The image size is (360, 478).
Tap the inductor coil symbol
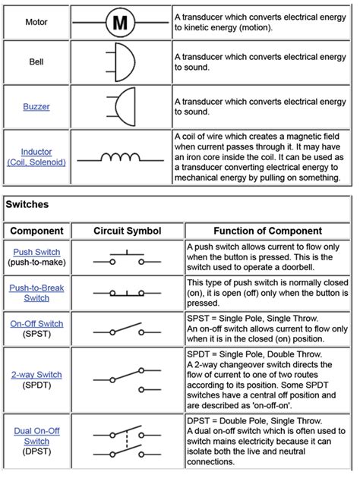coord(120,158)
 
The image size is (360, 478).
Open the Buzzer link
coord(36,107)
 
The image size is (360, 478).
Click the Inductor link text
coord(36,152)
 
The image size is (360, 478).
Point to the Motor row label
coord(36,22)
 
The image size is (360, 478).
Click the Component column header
coord(36,231)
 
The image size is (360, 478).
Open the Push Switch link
coord(36,252)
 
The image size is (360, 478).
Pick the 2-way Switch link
coord(36,375)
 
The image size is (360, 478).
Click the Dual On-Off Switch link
coord(36,436)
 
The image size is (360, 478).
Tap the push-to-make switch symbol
coord(120,258)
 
